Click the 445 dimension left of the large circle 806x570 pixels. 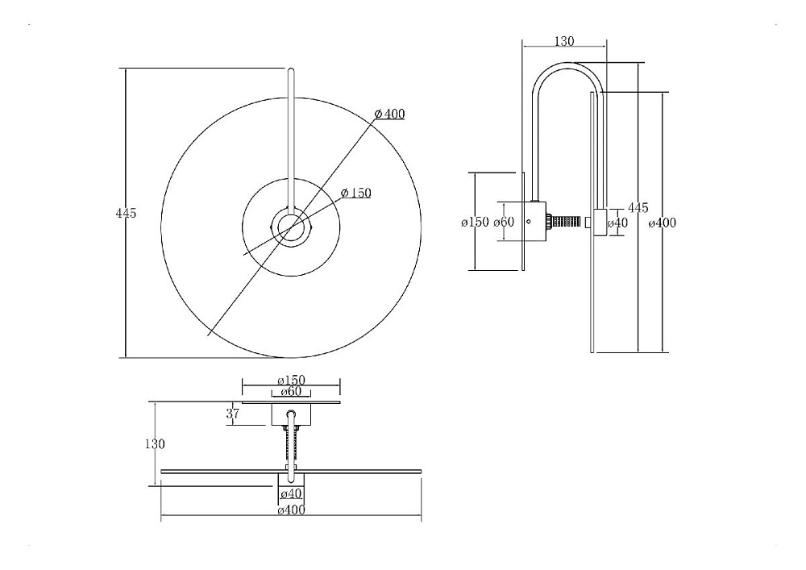126,213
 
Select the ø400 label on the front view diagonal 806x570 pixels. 389,114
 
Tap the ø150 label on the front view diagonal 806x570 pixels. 355,193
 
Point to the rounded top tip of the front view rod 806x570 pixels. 291,70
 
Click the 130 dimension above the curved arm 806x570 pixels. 564,41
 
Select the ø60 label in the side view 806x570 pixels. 504,222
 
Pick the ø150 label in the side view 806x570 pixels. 475,222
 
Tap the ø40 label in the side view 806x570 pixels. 617,223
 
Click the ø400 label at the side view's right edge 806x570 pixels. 662,223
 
